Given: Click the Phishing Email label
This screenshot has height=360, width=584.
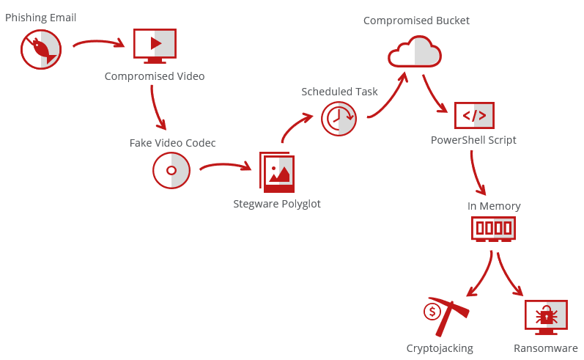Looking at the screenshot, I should pyautogui.click(x=40, y=18).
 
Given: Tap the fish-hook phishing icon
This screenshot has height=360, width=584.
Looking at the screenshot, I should pyautogui.click(x=41, y=50).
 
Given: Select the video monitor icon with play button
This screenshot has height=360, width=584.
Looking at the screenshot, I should pyautogui.click(x=155, y=44).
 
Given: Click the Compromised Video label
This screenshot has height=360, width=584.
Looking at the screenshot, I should pyautogui.click(x=155, y=76).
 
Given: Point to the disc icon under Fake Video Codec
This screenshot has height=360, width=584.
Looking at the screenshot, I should pyautogui.click(x=171, y=170).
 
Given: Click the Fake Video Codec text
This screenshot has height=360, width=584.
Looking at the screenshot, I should pyautogui.click(x=173, y=143).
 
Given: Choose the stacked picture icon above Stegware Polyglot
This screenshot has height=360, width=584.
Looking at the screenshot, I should pyautogui.click(x=277, y=173).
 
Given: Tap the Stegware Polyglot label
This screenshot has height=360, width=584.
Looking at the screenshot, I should pyautogui.click(x=277, y=204).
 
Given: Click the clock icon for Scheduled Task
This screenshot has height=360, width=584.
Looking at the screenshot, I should pyautogui.click(x=339, y=117).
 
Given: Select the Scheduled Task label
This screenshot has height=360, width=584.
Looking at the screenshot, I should pyautogui.click(x=339, y=92).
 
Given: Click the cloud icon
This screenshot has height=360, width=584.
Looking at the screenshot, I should pyautogui.click(x=415, y=53).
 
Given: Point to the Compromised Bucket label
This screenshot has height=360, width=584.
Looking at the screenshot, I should pyautogui.click(x=416, y=21).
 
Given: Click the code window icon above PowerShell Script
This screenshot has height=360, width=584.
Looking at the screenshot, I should pyautogui.click(x=474, y=115).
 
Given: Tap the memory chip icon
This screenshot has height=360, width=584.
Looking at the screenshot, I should pyautogui.click(x=493, y=228).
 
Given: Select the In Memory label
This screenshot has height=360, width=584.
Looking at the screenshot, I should pyautogui.click(x=494, y=206).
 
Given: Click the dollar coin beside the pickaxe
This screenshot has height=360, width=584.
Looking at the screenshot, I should pyautogui.click(x=432, y=312).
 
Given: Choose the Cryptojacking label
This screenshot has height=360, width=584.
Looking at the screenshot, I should pyautogui.click(x=440, y=348).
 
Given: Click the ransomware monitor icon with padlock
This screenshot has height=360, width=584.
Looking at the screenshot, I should pyautogui.click(x=546, y=317).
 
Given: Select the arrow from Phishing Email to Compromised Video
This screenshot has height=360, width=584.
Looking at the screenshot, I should pyautogui.click(x=99, y=43).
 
